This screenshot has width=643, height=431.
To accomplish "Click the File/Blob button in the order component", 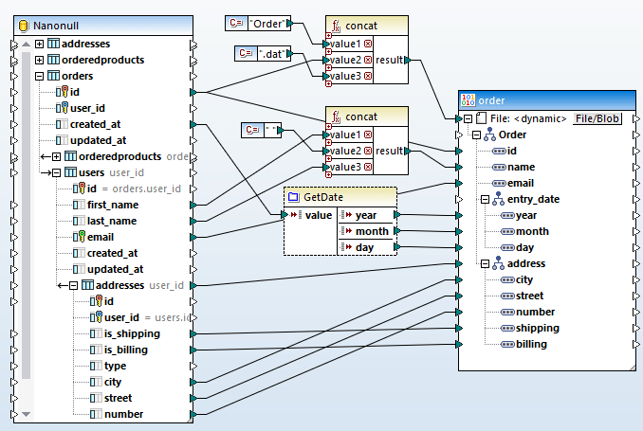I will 597,118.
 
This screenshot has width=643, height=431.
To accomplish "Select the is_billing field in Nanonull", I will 125,350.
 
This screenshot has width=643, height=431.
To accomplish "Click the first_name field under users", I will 113,205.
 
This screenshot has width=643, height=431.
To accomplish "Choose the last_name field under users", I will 112,221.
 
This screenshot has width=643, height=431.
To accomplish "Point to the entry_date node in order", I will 541,199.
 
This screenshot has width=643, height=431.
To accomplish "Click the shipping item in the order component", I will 537,328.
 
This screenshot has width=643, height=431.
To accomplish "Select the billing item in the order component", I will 531,344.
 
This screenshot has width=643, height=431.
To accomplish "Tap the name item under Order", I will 520,167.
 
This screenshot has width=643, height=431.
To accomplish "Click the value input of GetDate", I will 319,215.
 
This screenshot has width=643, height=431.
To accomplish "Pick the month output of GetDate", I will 372,231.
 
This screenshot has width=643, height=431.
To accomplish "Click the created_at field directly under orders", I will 95,124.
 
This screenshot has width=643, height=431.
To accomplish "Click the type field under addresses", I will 115,366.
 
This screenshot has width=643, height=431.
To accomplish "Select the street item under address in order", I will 531,296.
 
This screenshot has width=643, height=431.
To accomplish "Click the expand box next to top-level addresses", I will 39,44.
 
